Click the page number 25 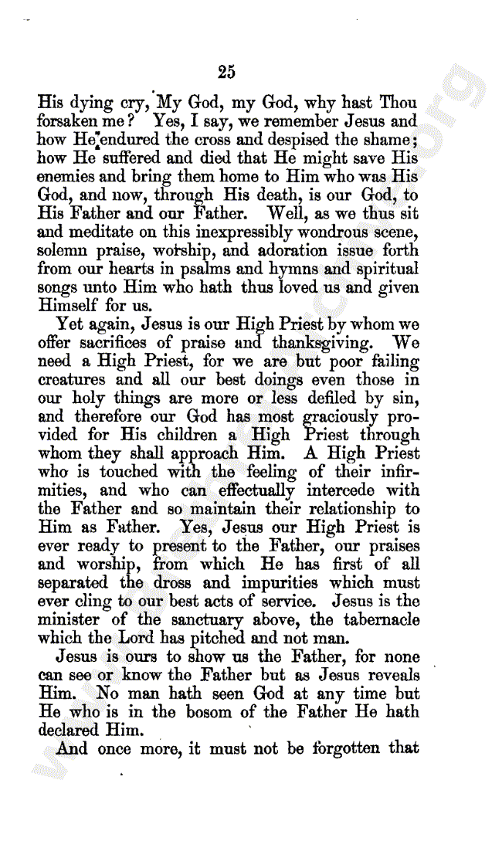click(x=226, y=73)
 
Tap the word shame click(x=388, y=140)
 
